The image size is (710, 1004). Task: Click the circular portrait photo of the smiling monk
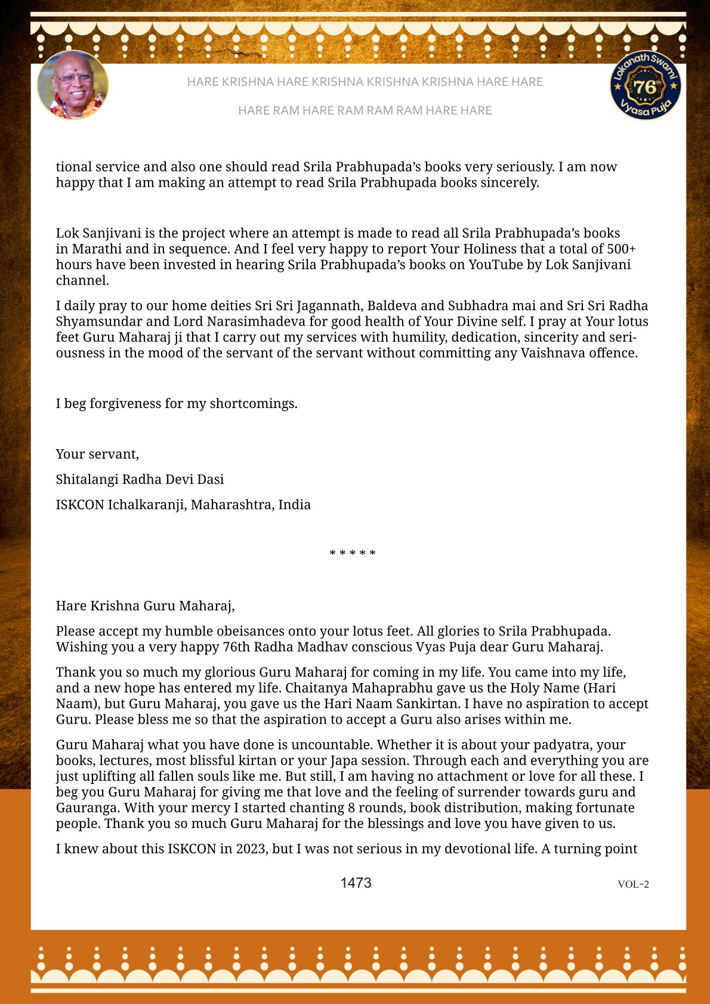click(73, 85)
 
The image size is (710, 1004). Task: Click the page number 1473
click(356, 883)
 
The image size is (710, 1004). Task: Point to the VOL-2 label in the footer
click(633, 884)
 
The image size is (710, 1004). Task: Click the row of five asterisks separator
click(353, 554)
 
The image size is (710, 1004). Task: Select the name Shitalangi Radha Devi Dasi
click(140, 479)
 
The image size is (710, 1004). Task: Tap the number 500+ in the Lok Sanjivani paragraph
click(621, 249)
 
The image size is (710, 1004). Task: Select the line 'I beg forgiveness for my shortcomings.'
click(177, 403)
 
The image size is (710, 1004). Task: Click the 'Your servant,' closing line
click(97, 454)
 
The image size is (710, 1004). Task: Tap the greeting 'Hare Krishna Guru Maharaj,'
click(145, 606)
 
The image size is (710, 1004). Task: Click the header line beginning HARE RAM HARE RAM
click(365, 110)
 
